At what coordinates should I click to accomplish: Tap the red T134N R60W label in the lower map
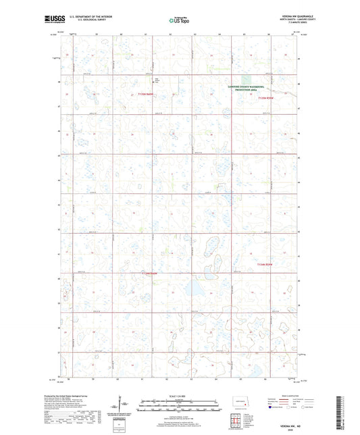267,264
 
